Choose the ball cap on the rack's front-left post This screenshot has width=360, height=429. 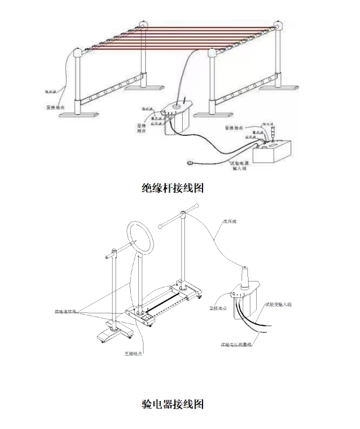(75, 54)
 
